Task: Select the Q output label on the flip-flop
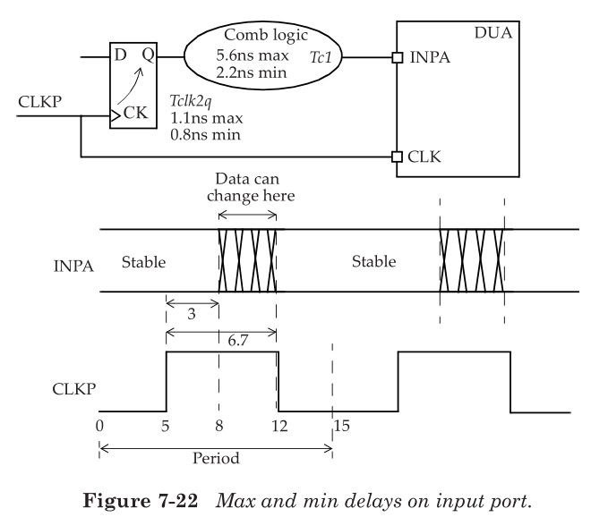pos(150,55)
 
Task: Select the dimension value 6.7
pos(221,342)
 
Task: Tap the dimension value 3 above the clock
pos(193,315)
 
